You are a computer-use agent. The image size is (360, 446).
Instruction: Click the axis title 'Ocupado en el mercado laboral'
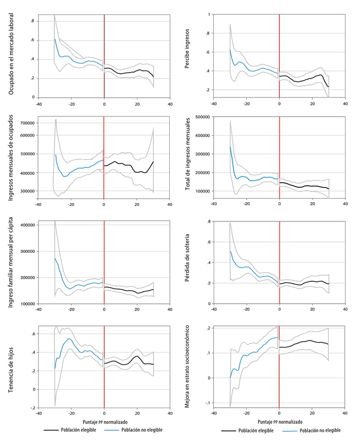click(11, 55)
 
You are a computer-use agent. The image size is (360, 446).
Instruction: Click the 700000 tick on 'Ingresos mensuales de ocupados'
click(25, 122)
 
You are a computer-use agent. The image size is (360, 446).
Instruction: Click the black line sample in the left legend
click(52, 430)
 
